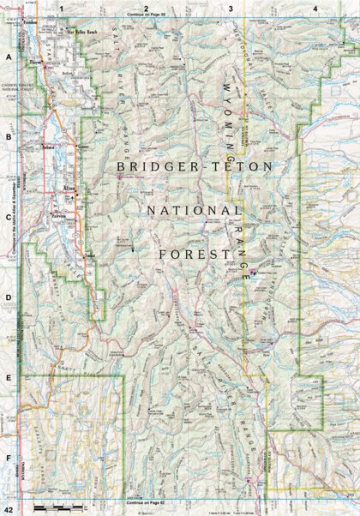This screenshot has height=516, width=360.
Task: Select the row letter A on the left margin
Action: [x=8, y=57]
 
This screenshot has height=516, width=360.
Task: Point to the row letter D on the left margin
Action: [x=8, y=299]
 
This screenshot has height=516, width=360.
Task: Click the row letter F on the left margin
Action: [x=8, y=458]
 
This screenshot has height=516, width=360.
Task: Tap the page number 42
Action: [x=8, y=510]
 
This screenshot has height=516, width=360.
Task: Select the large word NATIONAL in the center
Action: [x=194, y=210]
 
